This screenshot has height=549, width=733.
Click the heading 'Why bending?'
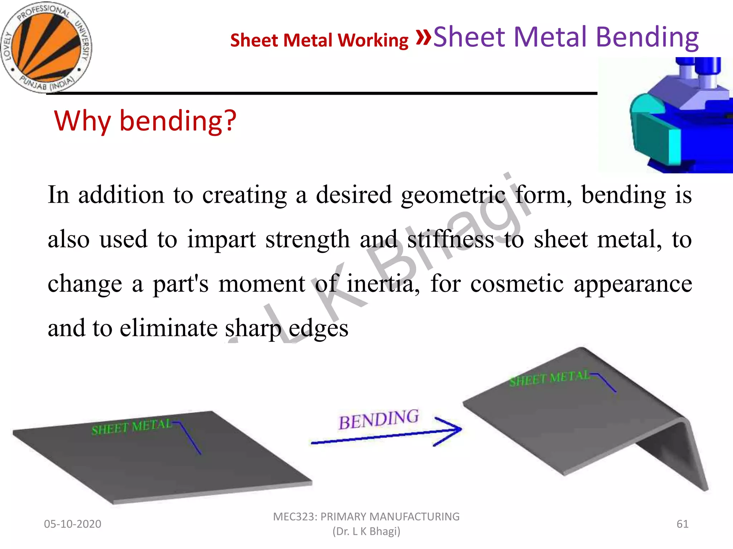coord(145,121)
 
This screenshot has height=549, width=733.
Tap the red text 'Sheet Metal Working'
coord(319,40)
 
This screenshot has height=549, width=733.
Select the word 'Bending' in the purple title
coord(647,37)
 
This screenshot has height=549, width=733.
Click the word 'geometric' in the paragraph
coord(453,195)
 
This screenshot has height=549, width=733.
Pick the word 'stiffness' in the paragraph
coord(451,239)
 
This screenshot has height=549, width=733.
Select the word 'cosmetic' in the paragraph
coord(517,284)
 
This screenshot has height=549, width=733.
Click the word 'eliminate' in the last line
coord(168,328)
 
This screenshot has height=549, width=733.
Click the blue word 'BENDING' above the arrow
coord(378,420)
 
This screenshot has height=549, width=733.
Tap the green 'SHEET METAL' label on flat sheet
coord(131,427)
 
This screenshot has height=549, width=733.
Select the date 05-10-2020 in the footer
coord(73,524)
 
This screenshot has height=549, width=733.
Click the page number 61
coord(682,524)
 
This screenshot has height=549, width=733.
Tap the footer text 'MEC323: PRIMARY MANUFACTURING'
coord(366,517)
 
